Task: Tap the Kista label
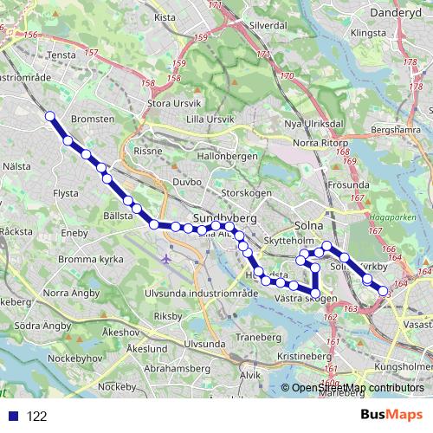165,16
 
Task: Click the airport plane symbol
166,258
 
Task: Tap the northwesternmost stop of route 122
50,116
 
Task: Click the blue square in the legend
15,416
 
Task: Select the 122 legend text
36,416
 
